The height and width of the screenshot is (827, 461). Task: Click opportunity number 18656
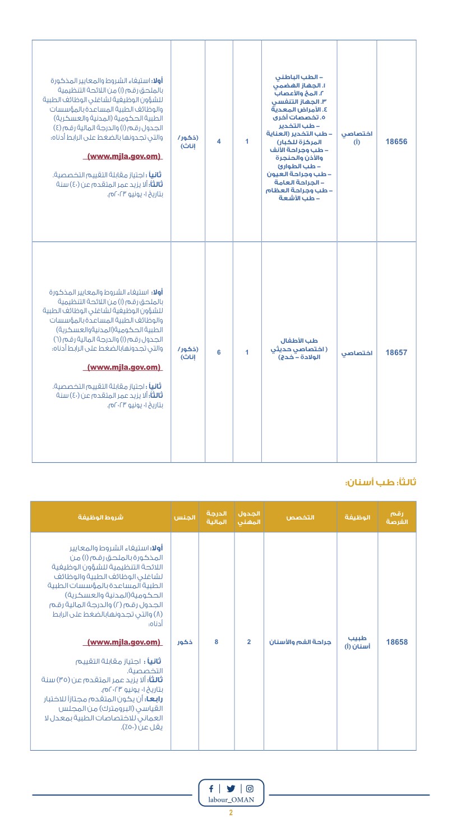(397, 141)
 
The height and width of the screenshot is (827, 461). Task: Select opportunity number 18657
(397, 353)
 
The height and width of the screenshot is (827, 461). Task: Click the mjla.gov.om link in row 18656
(124, 157)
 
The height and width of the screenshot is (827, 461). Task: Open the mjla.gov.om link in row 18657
(124, 368)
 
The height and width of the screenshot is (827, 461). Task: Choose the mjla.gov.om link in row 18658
(124, 642)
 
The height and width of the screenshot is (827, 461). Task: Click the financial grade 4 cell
(219, 141)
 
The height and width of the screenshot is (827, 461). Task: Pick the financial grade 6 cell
(219, 353)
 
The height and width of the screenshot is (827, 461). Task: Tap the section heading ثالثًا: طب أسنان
(381, 483)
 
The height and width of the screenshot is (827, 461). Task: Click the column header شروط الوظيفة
(101, 517)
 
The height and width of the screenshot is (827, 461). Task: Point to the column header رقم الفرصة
(397, 517)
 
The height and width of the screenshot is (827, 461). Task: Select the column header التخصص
(301, 517)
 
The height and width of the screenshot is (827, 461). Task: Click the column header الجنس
(185, 517)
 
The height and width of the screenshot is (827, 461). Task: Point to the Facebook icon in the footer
(211, 788)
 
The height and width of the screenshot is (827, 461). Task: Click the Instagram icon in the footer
(250, 788)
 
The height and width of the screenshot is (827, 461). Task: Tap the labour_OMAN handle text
(231, 800)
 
